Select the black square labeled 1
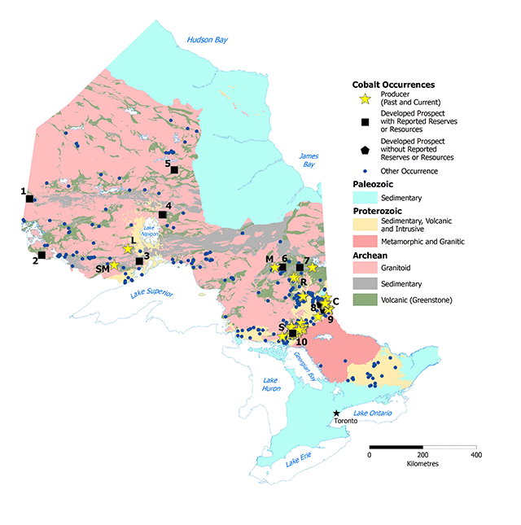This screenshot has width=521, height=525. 29,199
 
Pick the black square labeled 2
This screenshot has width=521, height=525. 42,255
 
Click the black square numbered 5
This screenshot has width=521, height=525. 174,169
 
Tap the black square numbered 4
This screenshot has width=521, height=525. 163,215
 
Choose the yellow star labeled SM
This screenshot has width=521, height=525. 115,265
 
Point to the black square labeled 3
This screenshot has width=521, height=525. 139,261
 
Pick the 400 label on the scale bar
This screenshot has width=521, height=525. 475,455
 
